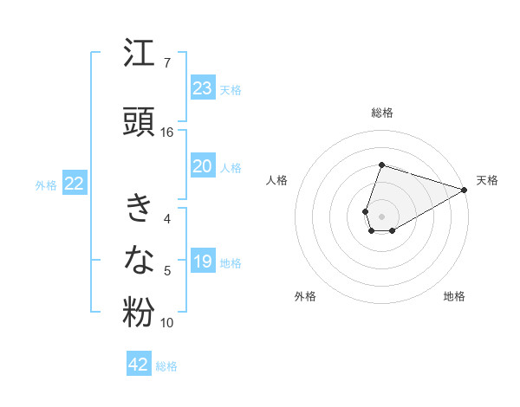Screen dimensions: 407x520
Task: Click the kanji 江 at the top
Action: [x=139, y=55]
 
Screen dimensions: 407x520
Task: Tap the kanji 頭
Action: [x=139, y=122]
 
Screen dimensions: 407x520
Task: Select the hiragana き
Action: [x=139, y=210]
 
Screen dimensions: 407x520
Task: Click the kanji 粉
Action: [x=139, y=313]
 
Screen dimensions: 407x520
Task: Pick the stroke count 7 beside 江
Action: [x=166, y=63]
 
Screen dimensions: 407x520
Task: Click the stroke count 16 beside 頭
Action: [x=167, y=132]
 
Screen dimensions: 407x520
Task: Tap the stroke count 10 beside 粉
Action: [x=167, y=323]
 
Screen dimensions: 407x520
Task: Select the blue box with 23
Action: [x=202, y=88]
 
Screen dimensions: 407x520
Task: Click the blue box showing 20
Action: [x=202, y=166]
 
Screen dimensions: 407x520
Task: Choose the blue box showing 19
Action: [x=202, y=262]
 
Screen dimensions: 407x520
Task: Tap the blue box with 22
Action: [x=74, y=184]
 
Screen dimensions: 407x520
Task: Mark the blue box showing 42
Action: [x=139, y=365]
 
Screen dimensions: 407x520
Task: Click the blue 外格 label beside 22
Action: [x=46, y=184]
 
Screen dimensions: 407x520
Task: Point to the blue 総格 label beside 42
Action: [x=166, y=366]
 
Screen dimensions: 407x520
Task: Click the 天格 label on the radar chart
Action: [x=487, y=180]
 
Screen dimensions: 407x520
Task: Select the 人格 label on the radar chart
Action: [x=276, y=180]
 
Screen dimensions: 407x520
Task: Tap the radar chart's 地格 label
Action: [x=454, y=297]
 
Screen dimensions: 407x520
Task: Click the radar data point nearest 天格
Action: [x=465, y=190]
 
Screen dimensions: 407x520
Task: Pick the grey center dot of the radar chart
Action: [x=381, y=216]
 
